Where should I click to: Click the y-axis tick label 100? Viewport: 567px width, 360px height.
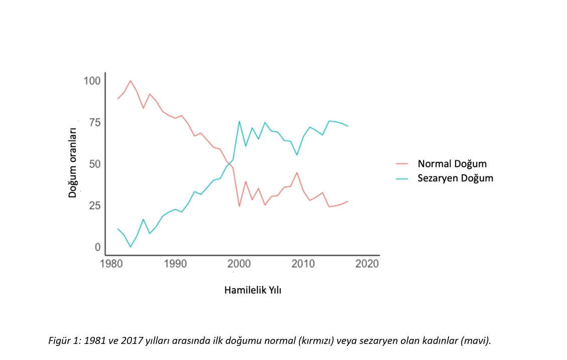[92, 81]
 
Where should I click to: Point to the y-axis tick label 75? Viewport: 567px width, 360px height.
[94, 123]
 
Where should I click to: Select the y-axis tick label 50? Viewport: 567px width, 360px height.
[94, 164]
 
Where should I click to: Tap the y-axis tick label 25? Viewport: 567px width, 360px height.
[94, 206]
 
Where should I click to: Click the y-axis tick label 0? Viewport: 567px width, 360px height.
[97, 247]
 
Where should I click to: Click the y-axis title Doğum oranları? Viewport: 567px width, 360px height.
[73, 159]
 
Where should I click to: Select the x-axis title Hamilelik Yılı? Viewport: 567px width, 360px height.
[252, 290]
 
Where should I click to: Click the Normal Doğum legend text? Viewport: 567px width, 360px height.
[452, 164]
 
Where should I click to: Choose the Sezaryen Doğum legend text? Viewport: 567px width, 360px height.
[455, 178]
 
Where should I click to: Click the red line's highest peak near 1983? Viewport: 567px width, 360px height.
[130, 80]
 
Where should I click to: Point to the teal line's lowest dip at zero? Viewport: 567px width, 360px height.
[130, 247]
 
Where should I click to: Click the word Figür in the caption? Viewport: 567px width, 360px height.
[58, 341]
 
